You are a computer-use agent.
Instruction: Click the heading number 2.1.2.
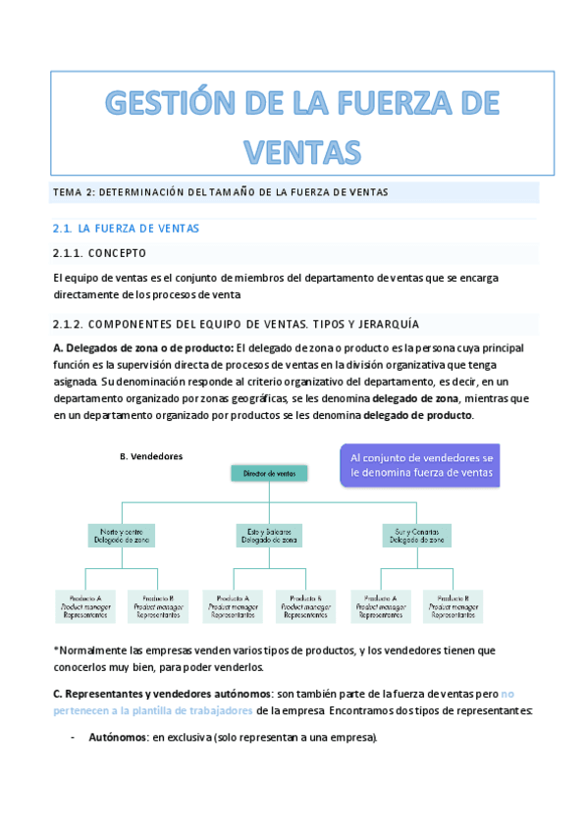pos(74,325)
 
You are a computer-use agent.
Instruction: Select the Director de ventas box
pos(269,473)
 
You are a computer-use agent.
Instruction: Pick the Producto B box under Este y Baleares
pos(305,605)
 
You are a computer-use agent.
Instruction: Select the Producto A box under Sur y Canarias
pos(380,605)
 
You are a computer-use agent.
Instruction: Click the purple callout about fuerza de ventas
pos(421,465)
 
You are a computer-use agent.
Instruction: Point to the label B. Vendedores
pos(150,456)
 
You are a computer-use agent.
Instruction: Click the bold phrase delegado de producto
pos(417,415)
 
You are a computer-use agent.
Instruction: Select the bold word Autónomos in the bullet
pos(116,738)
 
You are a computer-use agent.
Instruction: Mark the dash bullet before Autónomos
pos(74,738)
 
